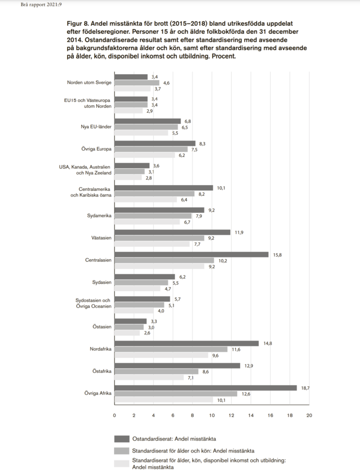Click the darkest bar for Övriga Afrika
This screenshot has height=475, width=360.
click(x=206, y=387)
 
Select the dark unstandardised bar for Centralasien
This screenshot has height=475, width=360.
click(x=192, y=254)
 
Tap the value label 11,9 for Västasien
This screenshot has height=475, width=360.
click(x=239, y=232)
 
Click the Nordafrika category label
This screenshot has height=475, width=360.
click(x=100, y=349)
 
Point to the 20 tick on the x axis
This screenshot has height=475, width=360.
click(x=309, y=415)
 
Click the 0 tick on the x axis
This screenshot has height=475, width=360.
click(x=115, y=415)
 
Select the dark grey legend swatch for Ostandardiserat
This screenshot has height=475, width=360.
click(x=121, y=439)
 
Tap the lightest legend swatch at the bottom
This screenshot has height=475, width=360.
click(x=121, y=463)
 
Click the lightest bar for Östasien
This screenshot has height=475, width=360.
click(x=127, y=333)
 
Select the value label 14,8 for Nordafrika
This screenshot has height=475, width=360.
click(x=267, y=343)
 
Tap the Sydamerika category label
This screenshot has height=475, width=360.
click(x=99, y=216)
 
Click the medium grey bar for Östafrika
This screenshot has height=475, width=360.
click(x=157, y=371)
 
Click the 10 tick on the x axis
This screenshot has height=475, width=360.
click(x=212, y=415)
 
